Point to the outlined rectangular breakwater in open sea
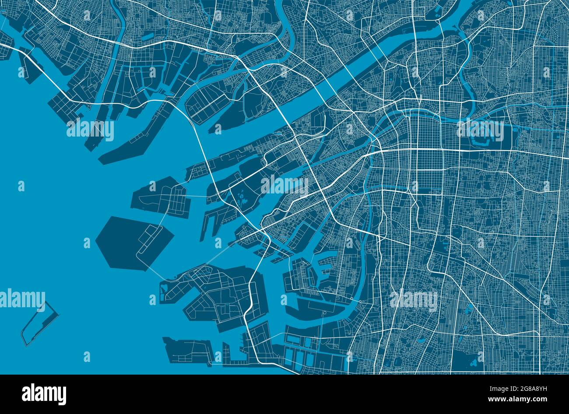pyautogui.click(x=39, y=323)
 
